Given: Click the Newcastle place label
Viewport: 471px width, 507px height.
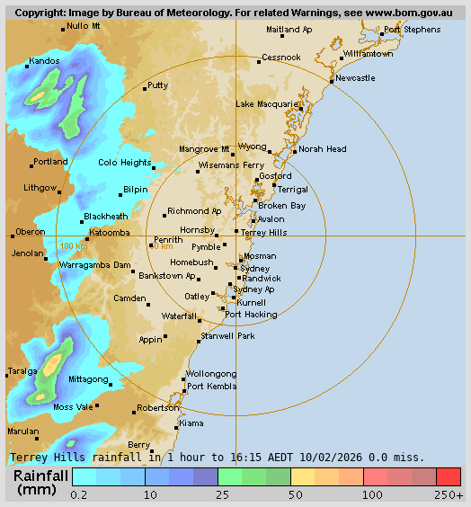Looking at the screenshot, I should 355,78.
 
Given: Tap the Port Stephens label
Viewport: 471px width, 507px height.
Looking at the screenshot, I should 412,30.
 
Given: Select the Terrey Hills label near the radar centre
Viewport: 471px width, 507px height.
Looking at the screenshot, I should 264,232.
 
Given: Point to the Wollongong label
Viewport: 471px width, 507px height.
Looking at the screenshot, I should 211,374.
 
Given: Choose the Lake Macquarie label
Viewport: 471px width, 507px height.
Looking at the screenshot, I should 265,104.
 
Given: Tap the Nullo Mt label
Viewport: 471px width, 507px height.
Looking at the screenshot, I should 84,26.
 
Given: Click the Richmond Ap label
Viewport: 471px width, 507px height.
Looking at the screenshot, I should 194,211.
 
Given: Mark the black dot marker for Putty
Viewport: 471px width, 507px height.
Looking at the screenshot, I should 145,89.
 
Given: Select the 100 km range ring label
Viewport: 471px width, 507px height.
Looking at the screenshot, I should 74,245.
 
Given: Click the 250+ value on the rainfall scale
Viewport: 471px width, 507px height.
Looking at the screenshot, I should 449,494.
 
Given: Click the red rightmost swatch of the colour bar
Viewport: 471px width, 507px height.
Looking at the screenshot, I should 449,476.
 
